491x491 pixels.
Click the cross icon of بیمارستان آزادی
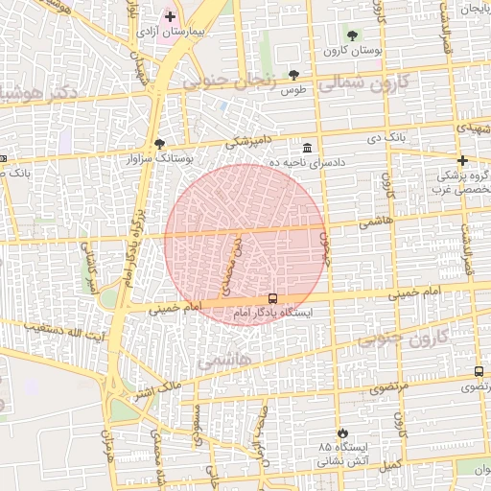coord(170,16)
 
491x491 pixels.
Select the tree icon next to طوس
coord(294,76)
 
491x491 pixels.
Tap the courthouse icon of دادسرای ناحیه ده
coord(307,149)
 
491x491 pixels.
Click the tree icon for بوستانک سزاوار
coord(159,143)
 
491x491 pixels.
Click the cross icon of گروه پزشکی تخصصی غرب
coord(462,160)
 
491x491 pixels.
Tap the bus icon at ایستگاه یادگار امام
coord(272,298)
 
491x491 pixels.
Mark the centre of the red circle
coord(245,245)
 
